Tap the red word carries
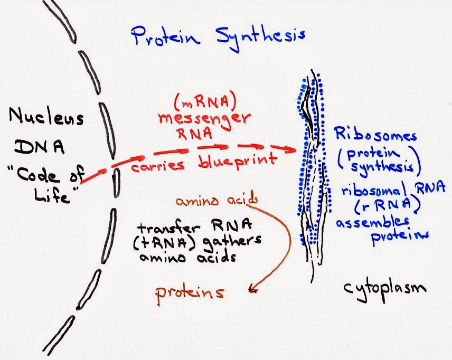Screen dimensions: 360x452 point(158,165)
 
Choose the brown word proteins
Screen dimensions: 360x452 point(189,292)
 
